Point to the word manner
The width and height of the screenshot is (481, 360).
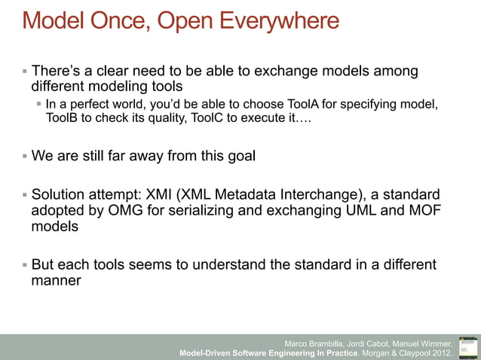57,281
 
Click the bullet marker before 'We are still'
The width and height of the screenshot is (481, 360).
24,157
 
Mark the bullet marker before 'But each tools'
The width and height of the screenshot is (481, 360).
24,265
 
